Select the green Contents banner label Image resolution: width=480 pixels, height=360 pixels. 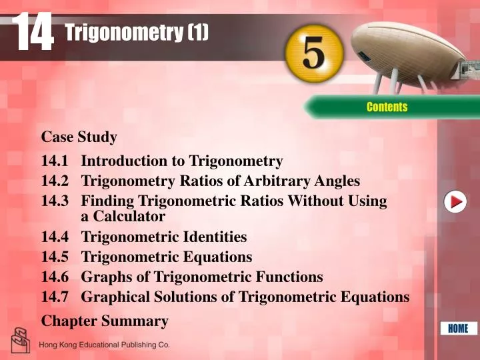387,107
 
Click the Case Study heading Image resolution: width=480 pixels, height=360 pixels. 79,137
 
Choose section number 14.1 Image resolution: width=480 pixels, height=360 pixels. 57,161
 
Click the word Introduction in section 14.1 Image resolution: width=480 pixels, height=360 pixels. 124,161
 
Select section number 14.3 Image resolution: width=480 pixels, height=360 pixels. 57,201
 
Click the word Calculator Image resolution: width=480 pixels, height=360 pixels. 130,216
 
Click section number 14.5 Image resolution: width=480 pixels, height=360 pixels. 57,257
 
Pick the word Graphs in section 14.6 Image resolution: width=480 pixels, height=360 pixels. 105,277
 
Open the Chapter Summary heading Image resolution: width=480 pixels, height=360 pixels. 105,321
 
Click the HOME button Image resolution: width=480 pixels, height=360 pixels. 458,328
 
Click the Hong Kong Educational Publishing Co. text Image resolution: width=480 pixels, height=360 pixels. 105,345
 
